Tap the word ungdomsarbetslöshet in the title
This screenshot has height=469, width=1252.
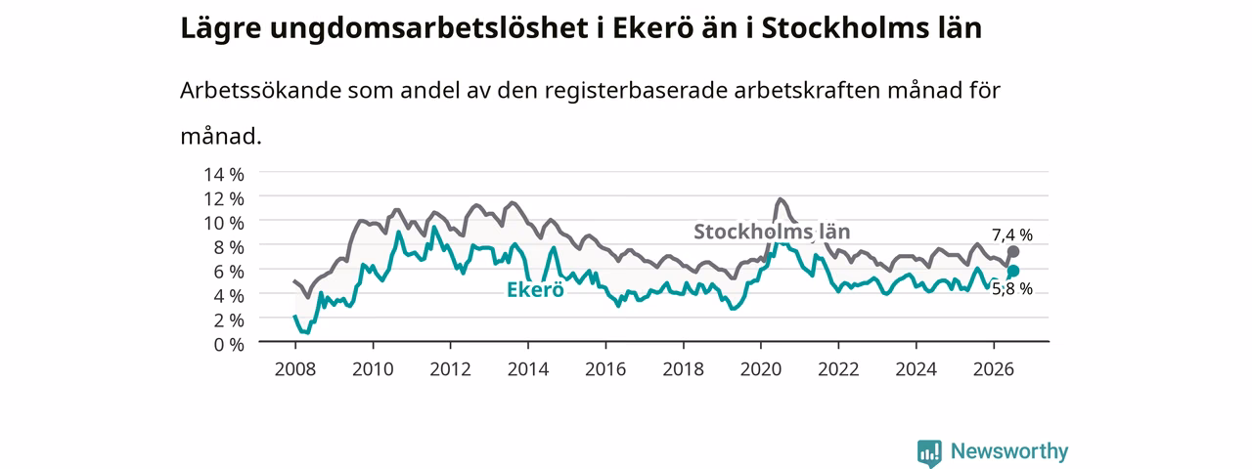pos(429,29)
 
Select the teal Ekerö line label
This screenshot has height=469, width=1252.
pos(535,290)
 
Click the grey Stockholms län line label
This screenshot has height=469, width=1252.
pos(772,232)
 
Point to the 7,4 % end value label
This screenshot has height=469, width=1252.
pos(1012,235)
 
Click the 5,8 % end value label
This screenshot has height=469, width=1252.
pos(1012,288)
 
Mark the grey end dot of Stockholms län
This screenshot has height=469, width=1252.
pos(1012,252)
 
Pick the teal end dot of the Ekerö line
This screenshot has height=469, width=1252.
pos(1012,271)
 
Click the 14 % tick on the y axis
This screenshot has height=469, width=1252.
pos(224,175)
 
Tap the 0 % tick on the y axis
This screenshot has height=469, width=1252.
pos(229,345)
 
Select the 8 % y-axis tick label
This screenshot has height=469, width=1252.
pos(229,247)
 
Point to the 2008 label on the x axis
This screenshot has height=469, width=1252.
pos(295,369)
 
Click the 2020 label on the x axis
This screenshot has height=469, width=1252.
pos(761,369)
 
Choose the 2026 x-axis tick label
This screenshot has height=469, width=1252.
pos(994,369)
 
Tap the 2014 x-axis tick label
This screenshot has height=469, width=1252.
pos(527,369)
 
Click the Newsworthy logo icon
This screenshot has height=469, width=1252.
pos(929,452)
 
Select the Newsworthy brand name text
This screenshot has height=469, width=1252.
pos(1009,450)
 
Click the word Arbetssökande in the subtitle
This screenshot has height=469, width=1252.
pos(260,90)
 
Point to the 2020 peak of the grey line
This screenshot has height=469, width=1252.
pos(781,198)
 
